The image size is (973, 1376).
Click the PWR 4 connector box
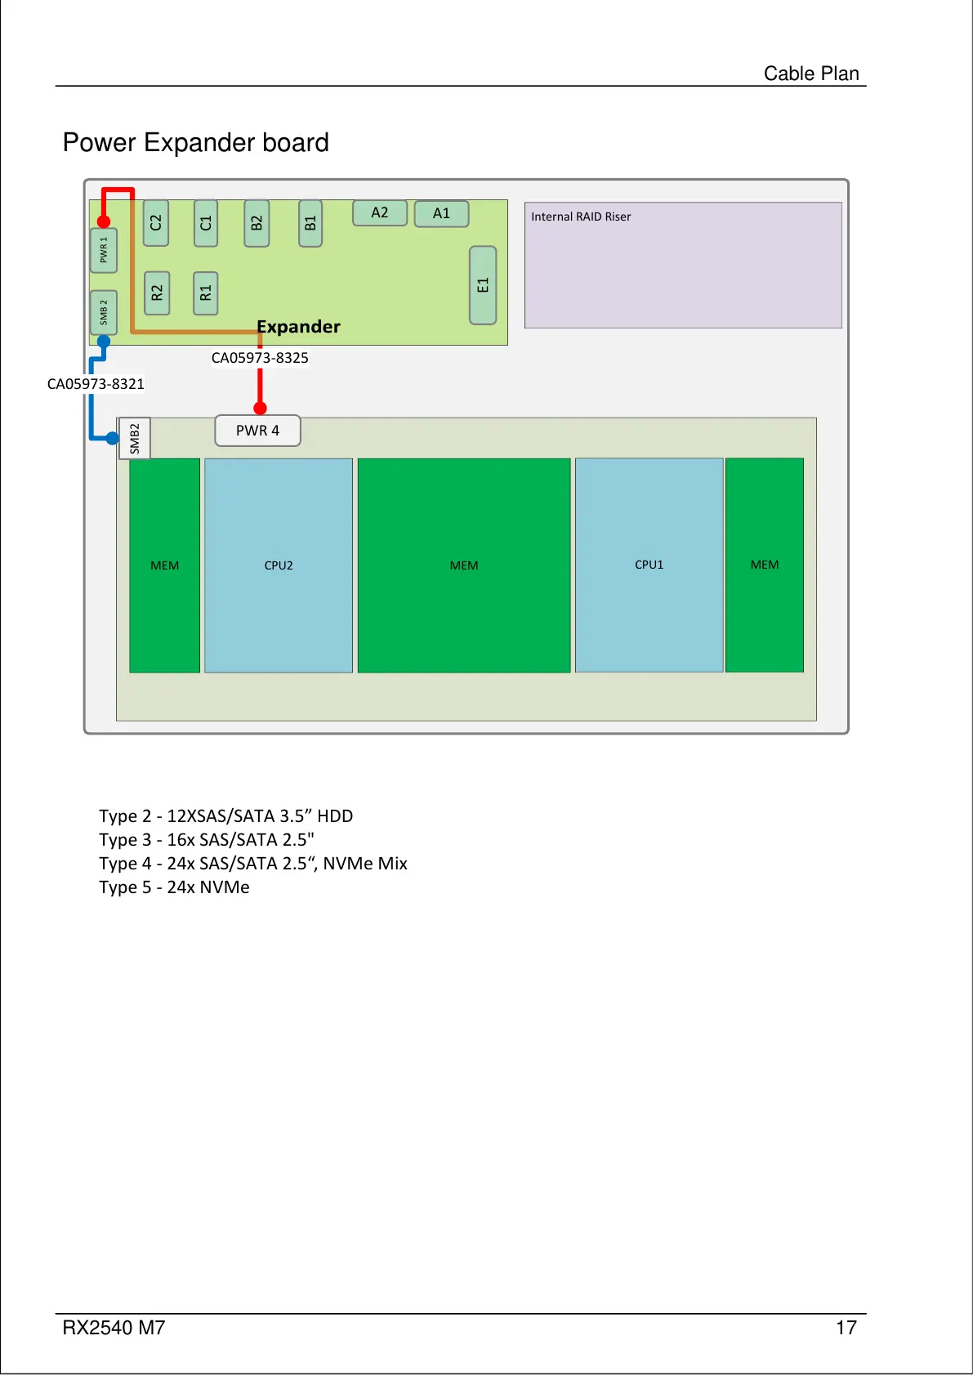[x=257, y=431]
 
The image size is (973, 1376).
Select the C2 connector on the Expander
[x=156, y=223]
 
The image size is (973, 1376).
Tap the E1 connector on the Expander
[x=483, y=285]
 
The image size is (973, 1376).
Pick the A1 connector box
[x=441, y=213]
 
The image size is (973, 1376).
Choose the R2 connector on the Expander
[x=157, y=293]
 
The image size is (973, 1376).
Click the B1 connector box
[x=310, y=223]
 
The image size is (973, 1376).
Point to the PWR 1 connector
[x=104, y=250]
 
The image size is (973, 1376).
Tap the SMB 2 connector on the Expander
[x=104, y=312]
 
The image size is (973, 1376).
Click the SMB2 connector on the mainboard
[x=135, y=439]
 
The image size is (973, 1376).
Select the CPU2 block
[x=279, y=565]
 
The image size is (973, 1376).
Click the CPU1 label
[x=649, y=565]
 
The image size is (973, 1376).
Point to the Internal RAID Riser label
[x=581, y=217]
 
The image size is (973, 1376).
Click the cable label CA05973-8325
[x=260, y=358]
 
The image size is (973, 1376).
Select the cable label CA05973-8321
[x=96, y=384]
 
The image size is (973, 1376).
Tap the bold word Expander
[x=298, y=327]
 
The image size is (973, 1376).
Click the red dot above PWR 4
[x=260, y=408]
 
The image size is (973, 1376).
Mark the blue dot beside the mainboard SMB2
[x=113, y=439]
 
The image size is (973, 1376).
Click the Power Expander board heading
[x=196, y=142]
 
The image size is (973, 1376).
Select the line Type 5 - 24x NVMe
[x=174, y=887]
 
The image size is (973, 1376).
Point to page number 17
[x=846, y=1328]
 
